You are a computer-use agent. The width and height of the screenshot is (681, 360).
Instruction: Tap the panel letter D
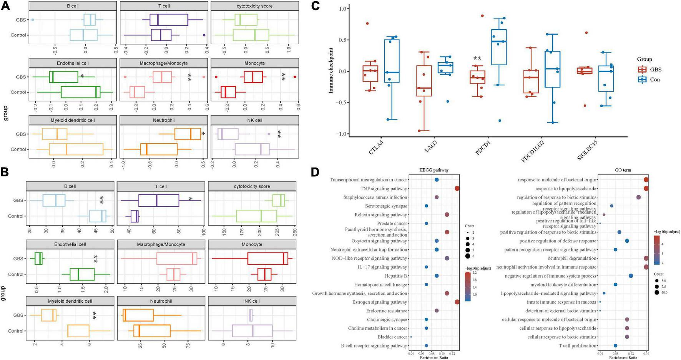point(315,172)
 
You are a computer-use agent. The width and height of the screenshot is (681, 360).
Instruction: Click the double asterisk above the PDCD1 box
point(477,59)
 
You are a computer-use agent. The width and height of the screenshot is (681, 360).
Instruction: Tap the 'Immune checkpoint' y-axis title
point(331,70)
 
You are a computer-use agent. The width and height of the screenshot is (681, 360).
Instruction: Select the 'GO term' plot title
point(623,170)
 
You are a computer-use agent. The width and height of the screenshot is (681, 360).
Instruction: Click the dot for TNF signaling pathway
point(457,188)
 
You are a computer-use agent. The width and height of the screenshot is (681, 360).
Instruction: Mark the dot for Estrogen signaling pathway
point(457,302)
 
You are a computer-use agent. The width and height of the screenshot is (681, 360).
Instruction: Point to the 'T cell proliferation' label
point(578,346)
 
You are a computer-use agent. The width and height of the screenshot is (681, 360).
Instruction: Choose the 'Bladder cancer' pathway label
point(392,337)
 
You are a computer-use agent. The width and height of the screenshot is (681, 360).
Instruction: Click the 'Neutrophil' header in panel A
point(164,120)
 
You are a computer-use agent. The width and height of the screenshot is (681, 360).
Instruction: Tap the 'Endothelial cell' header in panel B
point(70,244)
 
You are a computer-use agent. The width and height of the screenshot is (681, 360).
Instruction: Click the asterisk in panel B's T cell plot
point(191,199)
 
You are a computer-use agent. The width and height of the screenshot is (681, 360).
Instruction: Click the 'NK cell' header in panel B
point(252,301)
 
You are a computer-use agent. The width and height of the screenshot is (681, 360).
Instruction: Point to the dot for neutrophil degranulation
point(646,258)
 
